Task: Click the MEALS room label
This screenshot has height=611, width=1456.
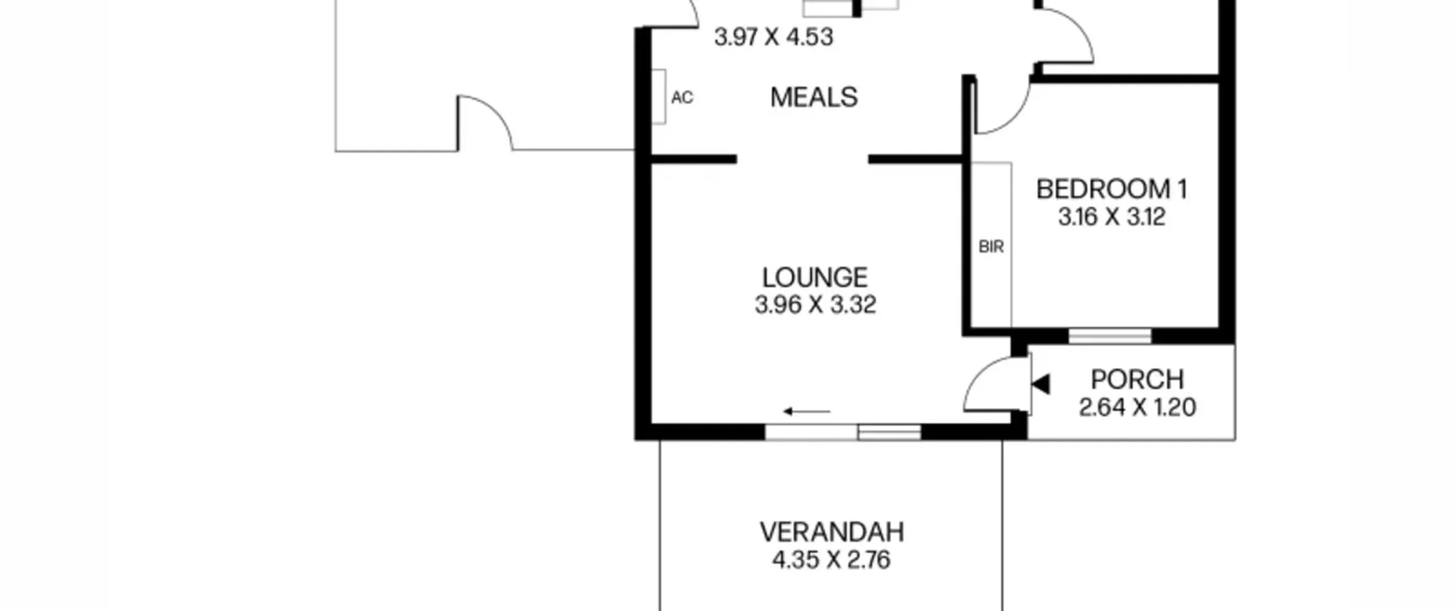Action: coord(814,98)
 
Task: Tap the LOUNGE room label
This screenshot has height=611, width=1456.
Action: coord(814,278)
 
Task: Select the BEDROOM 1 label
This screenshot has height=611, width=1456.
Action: coord(1112,189)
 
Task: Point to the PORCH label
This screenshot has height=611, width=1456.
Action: coord(1137,379)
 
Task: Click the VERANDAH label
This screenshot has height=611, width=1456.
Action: coord(832,532)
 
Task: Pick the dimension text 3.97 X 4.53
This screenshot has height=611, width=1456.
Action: coord(773,37)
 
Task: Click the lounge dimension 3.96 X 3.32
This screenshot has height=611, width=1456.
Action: coord(815,305)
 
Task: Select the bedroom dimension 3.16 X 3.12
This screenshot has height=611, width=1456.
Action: coord(1111,217)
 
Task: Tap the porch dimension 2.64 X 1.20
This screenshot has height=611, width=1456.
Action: coord(1137,407)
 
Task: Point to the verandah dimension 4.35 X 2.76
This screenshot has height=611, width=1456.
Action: coord(831,560)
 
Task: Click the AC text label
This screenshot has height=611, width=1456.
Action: coord(682,98)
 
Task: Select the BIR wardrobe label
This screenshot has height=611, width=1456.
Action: coord(991,247)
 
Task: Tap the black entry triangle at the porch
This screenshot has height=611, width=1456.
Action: coord(1041,385)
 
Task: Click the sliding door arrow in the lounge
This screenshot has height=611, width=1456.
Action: coord(806,411)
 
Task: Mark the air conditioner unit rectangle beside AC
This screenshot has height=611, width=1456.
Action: coord(659,97)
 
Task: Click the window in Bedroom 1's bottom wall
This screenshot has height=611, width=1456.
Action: coord(1110,336)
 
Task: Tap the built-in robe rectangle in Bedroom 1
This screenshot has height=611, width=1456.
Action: coord(991,245)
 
